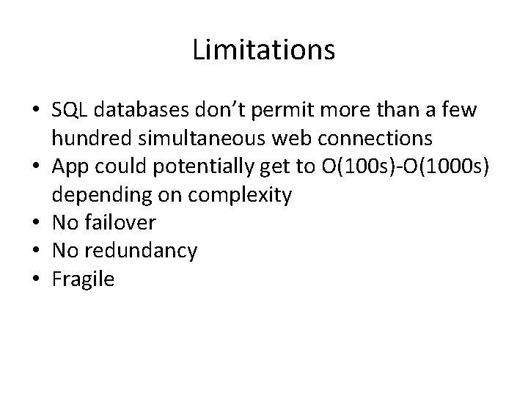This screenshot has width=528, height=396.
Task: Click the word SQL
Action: tap(68, 111)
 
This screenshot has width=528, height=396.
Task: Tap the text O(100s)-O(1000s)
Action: tap(402, 167)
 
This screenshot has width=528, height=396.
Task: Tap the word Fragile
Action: tap(83, 279)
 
